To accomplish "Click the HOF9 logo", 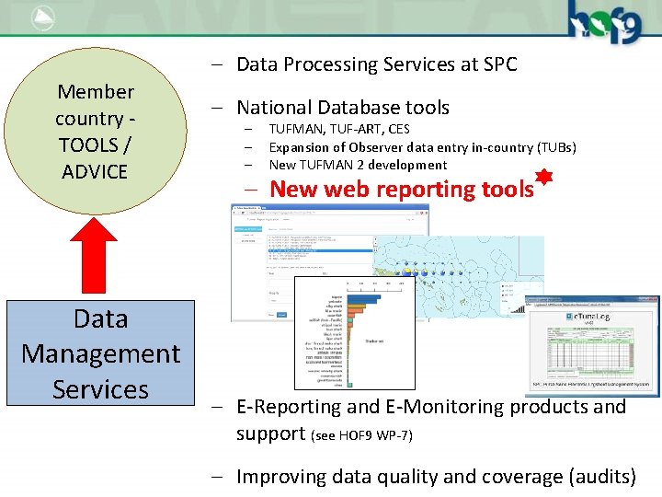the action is click(x=603, y=20).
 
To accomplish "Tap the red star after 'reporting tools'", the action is click(x=543, y=179).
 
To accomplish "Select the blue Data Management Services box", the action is click(x=100, y=353).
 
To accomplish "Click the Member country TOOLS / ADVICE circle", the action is click(x=95, y=130).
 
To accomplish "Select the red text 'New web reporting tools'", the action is click(x=402, y=190).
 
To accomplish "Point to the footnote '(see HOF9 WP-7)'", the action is click(x=362, y=434).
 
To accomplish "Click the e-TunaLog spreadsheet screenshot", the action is click(x=590, y=346).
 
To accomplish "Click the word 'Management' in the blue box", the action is click(x=100, y=353).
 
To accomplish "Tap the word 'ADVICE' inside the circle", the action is click(x=95, y=171).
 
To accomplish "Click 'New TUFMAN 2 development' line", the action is click(x=358, y=165).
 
